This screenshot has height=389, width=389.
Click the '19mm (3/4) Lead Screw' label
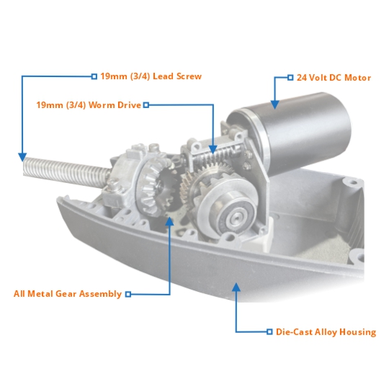pos(151,76)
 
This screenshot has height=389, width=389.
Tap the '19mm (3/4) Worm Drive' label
pos(89,104)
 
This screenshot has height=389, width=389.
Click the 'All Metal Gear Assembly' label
pos(68,294)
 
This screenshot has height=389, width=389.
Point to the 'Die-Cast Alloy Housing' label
pos(326,332)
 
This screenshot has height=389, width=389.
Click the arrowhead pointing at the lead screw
pos(23,156)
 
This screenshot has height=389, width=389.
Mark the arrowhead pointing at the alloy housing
pos(236,287)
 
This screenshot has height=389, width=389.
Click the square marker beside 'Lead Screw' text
pos(94,76)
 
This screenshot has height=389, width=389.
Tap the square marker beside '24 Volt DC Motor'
pos(290,77)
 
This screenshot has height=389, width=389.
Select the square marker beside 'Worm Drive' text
pos(146,105)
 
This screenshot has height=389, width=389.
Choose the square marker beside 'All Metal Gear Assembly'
pos(128,294)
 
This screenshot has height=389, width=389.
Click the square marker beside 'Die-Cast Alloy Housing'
pos(270,332)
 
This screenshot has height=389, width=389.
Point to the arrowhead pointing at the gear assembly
pos(170,221)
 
